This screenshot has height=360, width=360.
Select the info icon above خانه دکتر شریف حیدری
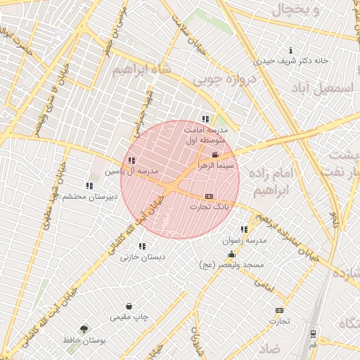point(291,50)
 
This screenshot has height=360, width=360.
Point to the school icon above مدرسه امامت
point(205,119)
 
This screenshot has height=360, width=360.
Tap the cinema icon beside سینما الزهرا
point(214,154)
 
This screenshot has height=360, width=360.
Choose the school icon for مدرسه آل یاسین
point(131,161)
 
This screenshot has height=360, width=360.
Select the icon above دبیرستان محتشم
point(89,186)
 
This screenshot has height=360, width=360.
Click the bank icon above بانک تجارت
point(209,196)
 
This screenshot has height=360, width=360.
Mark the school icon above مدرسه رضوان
point(244,229)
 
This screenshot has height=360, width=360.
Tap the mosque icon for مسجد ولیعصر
point(231,254)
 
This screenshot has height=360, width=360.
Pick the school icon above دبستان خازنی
point(143,246)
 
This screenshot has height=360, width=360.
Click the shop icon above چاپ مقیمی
point(129,306)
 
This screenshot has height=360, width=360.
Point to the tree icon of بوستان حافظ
point(84,328)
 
